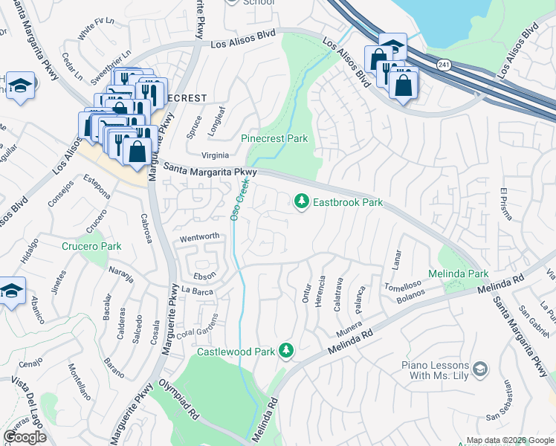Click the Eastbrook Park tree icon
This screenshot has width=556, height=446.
[x=302, y=201]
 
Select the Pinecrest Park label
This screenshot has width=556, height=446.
[x=274, y=138]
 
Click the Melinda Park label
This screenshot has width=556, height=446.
[x=463, y=274]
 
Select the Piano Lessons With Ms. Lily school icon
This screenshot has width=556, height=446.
[x=480, y=369]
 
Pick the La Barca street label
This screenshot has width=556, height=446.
[x=197, y=291]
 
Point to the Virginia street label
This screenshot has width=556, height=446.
[x=215, y=156]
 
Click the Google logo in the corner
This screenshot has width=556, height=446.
[x=25, y=437]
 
